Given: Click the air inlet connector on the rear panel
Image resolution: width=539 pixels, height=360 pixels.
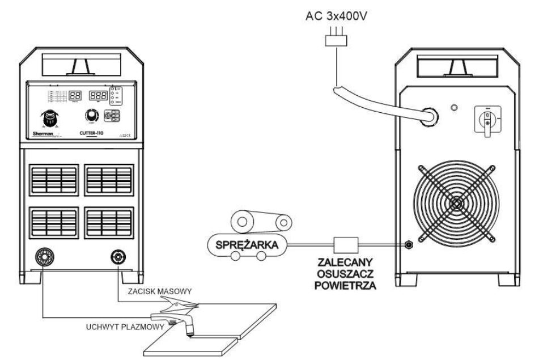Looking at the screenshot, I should (407, 244).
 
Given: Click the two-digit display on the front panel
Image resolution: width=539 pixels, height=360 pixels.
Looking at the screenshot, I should (75, 96).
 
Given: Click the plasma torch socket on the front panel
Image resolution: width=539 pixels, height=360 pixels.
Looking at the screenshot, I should (43, 255).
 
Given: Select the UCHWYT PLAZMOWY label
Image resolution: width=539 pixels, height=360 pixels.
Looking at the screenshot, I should (122, 327).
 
